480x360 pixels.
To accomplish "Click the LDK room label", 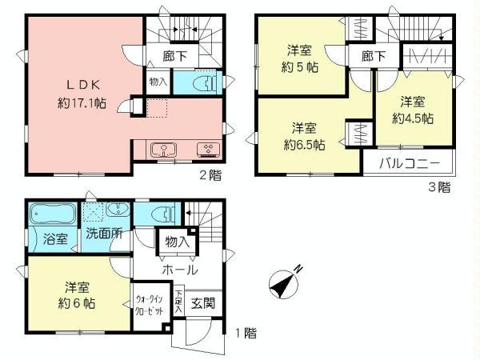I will pos(75,84).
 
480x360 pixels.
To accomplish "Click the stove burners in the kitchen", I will pos(208,148).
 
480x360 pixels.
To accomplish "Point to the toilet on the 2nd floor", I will pos(206,83).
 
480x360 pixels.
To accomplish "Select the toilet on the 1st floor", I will pos(162,215).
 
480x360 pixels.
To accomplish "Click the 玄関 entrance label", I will pos(202,303).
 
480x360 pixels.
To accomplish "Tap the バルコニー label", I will pos(407,162).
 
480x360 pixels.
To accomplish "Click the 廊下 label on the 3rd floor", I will pos(372,56).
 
